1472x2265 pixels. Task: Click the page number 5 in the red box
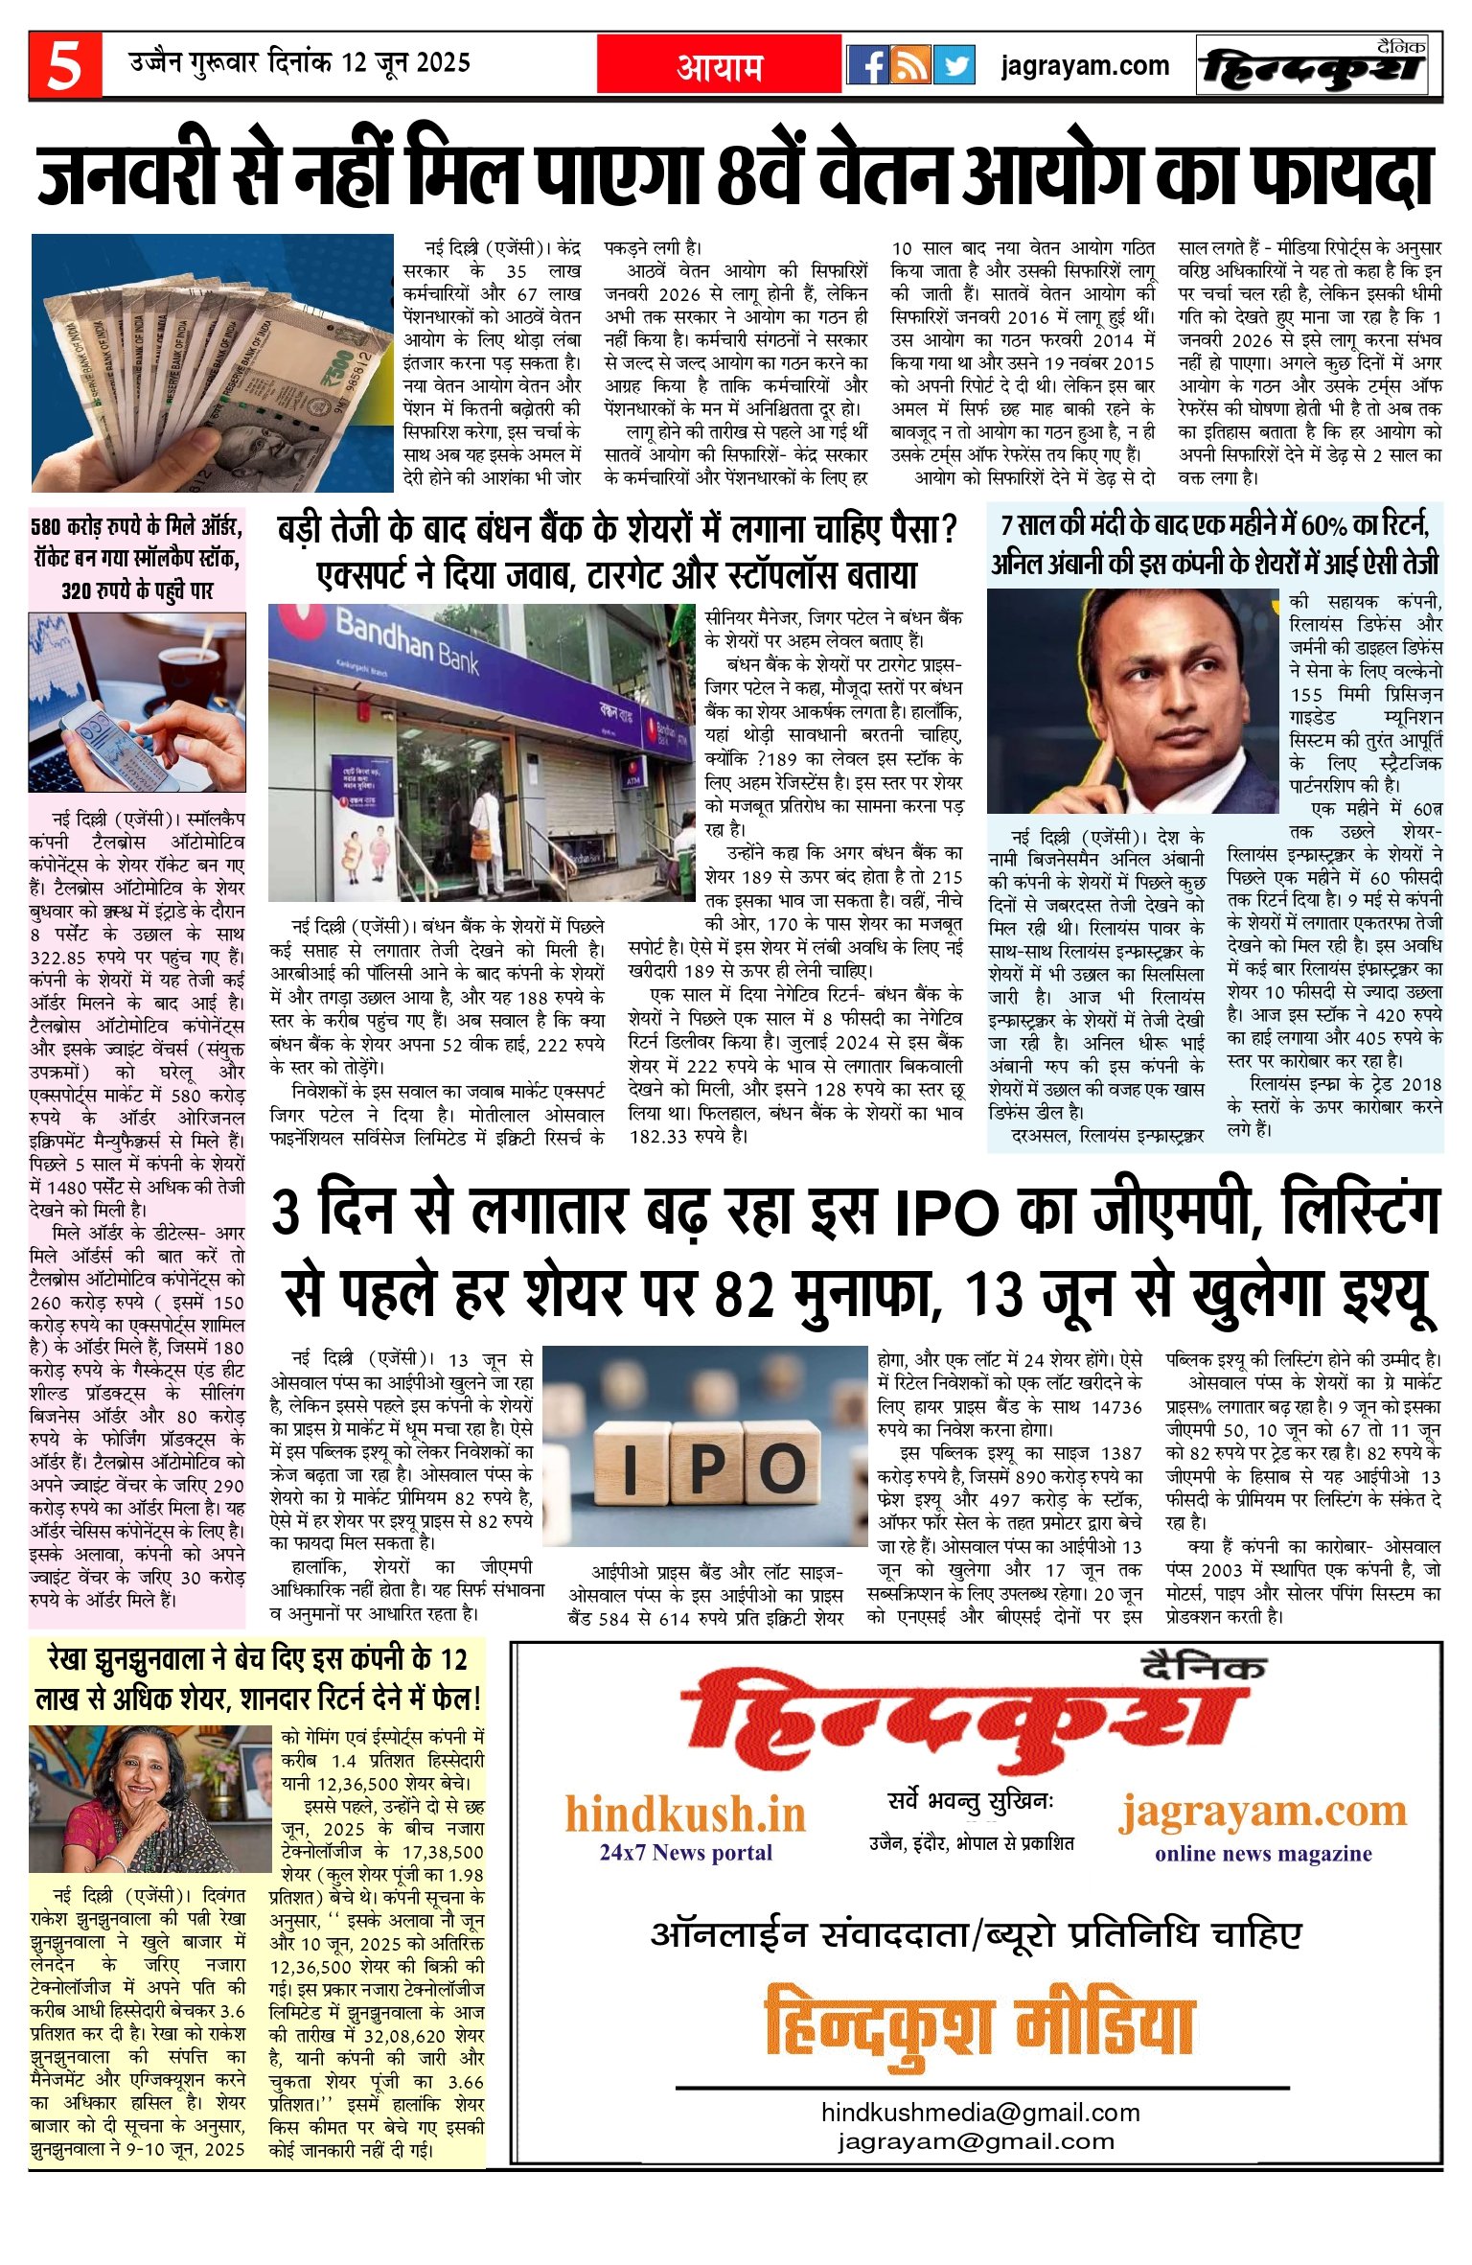(64, 66)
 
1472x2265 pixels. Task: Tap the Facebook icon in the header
(868, 65)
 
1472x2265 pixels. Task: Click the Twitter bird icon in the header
(953, 65)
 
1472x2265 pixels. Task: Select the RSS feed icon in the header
(911, 65)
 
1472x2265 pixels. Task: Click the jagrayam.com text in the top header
(1084, 66)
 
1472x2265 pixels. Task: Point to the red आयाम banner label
(720, 66)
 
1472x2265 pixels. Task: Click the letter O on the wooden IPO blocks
(781, 1468)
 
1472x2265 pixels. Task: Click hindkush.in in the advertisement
(684, 1814)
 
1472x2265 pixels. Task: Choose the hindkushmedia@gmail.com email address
(979, 2113)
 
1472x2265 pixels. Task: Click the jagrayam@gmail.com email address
(976, 2141)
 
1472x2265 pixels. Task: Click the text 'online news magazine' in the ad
(1262, 1853)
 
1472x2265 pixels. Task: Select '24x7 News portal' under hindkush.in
(685, 1852)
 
